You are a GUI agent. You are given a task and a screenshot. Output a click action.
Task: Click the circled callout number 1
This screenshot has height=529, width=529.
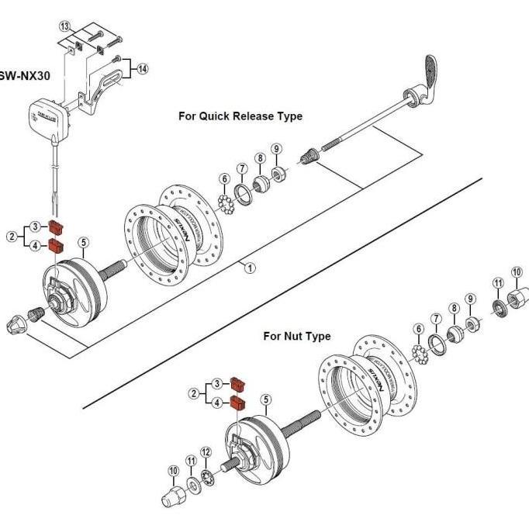[x=250, y=268]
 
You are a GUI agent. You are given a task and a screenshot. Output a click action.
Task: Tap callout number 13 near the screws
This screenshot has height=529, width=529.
[x=66, y=27]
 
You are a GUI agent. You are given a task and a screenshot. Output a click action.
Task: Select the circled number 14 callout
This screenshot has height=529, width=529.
[x=142, y=69]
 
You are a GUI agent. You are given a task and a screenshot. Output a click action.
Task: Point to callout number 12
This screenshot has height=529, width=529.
[x=206, y=453]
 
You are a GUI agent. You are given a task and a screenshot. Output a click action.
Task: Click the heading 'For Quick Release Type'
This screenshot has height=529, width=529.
[x=240, y=116]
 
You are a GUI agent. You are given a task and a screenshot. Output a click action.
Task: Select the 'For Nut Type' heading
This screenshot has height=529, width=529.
[x=296, y=336]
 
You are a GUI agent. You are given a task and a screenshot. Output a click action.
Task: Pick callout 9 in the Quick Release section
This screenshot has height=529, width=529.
[x=276, y=149]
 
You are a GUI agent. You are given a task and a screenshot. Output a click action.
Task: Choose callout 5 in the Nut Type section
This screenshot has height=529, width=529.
[x=265, y=400]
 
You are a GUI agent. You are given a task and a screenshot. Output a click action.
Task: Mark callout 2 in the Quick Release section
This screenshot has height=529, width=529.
[x=12, y=237]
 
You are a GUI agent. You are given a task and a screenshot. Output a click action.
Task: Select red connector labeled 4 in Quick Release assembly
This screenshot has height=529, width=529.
[x=55, y=247]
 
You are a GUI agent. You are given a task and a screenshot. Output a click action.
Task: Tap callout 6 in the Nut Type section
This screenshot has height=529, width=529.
[x=419, y=330]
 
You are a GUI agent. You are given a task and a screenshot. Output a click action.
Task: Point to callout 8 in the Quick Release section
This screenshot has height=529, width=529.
[x=260, y=158]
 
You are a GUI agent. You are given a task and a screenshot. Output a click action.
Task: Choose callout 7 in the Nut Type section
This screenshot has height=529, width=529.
[x=436, y=320]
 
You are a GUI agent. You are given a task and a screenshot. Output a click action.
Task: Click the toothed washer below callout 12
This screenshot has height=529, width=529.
[x=207, y=475]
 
